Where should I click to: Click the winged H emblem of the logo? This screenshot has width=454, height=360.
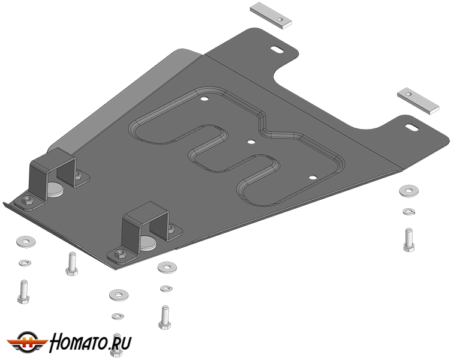point(28,342)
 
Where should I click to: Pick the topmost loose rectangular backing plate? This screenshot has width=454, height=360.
point(270,15)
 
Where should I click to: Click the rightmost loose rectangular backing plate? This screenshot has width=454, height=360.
point(418,101)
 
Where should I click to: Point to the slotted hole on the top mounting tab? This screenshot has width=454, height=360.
point(278,50)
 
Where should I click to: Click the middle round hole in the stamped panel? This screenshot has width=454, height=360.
point(251,142)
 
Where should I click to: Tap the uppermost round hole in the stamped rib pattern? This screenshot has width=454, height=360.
point(205,98)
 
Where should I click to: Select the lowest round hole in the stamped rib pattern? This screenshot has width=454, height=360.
point(312,177)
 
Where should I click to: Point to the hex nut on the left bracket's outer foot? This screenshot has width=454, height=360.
point(28,199)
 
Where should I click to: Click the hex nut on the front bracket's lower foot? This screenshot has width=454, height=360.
point(121,253)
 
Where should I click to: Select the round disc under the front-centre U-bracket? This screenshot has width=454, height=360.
point(148,243)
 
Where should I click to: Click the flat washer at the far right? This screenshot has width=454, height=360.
point(409,191)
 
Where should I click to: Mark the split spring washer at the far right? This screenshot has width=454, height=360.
point(409,211)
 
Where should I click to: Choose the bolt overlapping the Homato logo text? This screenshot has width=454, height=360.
point(116,345)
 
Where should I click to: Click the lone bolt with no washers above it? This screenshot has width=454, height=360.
point(72,263)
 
